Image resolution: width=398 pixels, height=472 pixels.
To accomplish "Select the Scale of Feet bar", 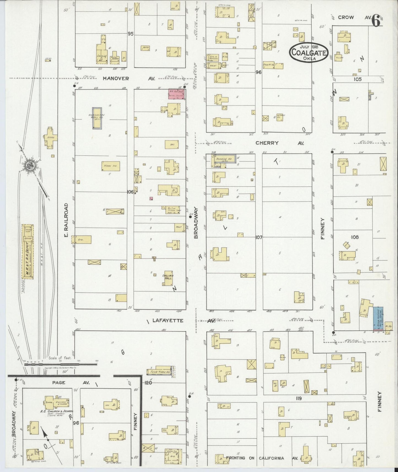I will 61,364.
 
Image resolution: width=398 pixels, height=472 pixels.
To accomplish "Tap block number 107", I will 259,237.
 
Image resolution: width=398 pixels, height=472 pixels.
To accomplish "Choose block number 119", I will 299,398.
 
